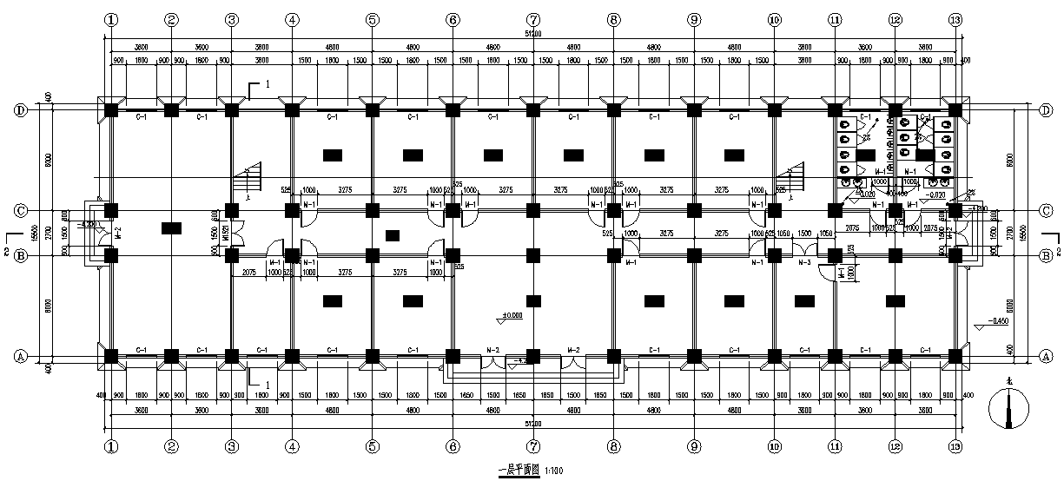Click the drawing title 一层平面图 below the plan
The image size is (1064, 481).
click(x=519, y=470)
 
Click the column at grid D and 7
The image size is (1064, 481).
click(x=532, y=110)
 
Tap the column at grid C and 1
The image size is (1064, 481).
click(x=111, y=210)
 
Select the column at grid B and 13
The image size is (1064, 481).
click(x=955, y=255)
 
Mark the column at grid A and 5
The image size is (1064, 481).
click(x=372, y=355)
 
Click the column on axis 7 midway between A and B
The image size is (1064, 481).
click(x=532, y=304)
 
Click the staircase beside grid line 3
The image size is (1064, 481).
click(x=249, y=181)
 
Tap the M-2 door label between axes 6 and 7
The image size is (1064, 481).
click(x=492, y=349)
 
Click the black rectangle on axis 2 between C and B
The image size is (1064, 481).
click(x=171, y=227)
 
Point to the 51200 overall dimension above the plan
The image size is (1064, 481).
click(x=532, y=34)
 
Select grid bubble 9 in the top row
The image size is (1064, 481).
click(x=693, y=19)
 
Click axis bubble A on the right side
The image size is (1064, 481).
click(x=1047, y=356)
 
